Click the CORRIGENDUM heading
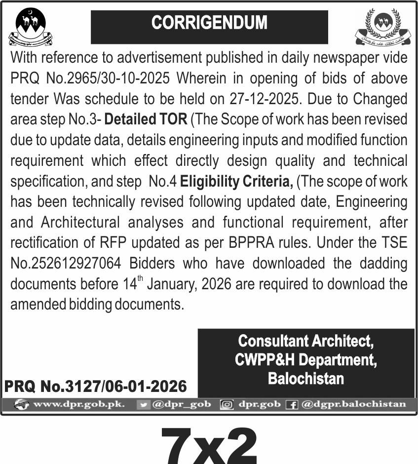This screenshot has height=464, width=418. [209, 23]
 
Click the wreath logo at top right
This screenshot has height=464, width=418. [383, 27]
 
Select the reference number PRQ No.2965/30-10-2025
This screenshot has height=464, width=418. [90, 78]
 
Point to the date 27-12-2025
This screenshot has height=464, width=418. [264, 99]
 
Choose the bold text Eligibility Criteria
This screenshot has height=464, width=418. [236, 181]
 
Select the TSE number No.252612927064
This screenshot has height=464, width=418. [66, 264]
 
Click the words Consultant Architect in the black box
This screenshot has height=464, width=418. [305, 341]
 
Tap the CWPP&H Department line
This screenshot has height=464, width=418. [305, 360]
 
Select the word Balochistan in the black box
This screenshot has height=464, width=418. [305, 379]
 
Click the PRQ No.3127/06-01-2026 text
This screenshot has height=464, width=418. [96, 386]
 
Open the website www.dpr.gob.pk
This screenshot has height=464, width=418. [78, 405]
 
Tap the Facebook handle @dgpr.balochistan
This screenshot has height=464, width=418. [353, 405]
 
